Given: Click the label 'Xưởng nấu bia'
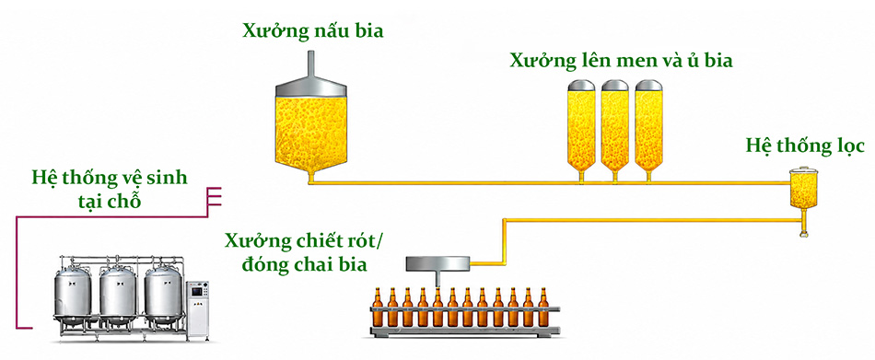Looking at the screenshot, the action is [312, 30].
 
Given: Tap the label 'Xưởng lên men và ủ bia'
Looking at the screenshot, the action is [621, 60].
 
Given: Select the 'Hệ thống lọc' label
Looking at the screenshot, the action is [805, 146].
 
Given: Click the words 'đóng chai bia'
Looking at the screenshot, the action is [305, 263].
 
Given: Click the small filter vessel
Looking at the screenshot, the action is [803, 189].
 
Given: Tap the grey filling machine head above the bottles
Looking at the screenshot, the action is [437, 266].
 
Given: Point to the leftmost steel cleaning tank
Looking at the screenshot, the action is [73, 295].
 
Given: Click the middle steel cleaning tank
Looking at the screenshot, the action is [118, 295].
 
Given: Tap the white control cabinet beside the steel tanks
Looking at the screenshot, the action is [197, 308].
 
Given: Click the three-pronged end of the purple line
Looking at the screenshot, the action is [215, 196].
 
